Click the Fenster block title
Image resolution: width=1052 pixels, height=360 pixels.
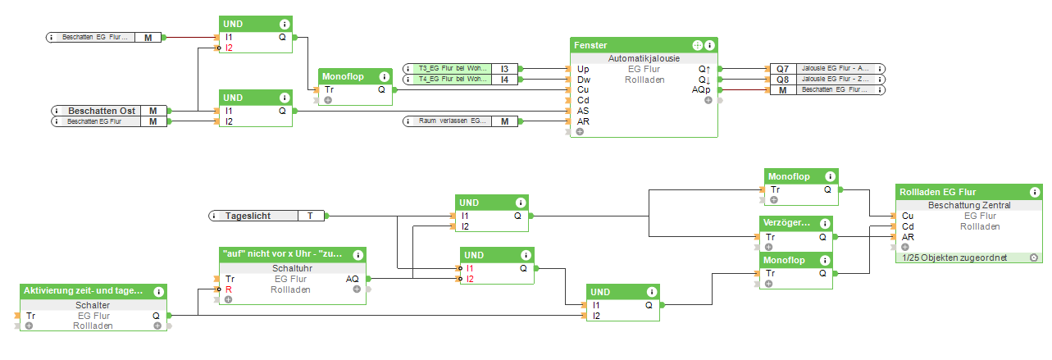coord(591,45)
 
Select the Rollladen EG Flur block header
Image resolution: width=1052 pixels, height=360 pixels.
coord(932,191)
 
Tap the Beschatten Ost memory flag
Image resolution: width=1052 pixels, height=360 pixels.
coord(153,110)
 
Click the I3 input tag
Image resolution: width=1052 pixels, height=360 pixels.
coord(504,69)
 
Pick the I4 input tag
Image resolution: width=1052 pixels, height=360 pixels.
coord(504,80)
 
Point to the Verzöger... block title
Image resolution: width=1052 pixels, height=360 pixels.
coord(786,223)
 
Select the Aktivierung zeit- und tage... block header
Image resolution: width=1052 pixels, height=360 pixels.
coord(83,290)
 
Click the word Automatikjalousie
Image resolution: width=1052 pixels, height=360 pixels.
coord(644,59)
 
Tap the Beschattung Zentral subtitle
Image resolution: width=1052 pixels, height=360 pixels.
coord(968,205)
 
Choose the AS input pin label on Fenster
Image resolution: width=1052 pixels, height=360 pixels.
coord(584,111)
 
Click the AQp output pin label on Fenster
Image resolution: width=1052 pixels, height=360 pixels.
coord(701,89)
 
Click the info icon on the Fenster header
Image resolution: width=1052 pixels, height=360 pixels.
coord(710,45)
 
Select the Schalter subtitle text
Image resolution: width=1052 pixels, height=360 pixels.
coord(93,304)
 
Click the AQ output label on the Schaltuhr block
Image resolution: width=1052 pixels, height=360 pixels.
coord(352,279)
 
